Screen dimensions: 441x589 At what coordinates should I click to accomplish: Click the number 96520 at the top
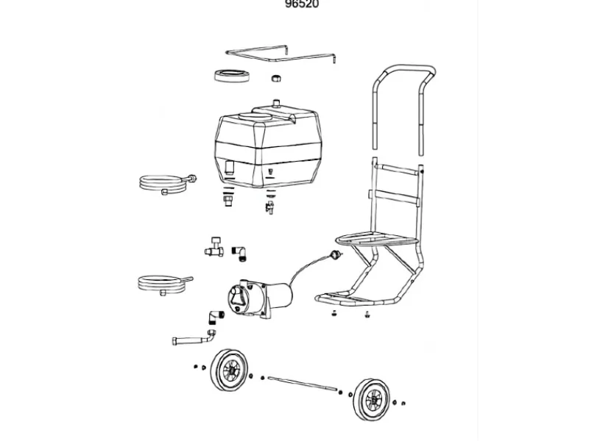[302, 4]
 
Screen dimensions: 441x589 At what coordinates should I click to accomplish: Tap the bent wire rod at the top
[280, 54]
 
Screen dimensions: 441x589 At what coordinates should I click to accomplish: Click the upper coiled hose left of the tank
[165, 182]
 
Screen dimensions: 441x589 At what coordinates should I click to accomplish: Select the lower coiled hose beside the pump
[162, 282]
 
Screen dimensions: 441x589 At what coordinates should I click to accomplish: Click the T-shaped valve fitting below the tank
[214, 248]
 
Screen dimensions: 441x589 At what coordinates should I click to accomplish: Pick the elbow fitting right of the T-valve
[239, 252]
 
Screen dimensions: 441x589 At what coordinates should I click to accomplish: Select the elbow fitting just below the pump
[214, 317]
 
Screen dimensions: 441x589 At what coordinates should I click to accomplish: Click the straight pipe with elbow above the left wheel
[193, 340]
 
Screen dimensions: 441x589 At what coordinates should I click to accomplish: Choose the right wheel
[373, 401]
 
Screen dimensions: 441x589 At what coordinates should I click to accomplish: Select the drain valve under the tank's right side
[270, 207]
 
